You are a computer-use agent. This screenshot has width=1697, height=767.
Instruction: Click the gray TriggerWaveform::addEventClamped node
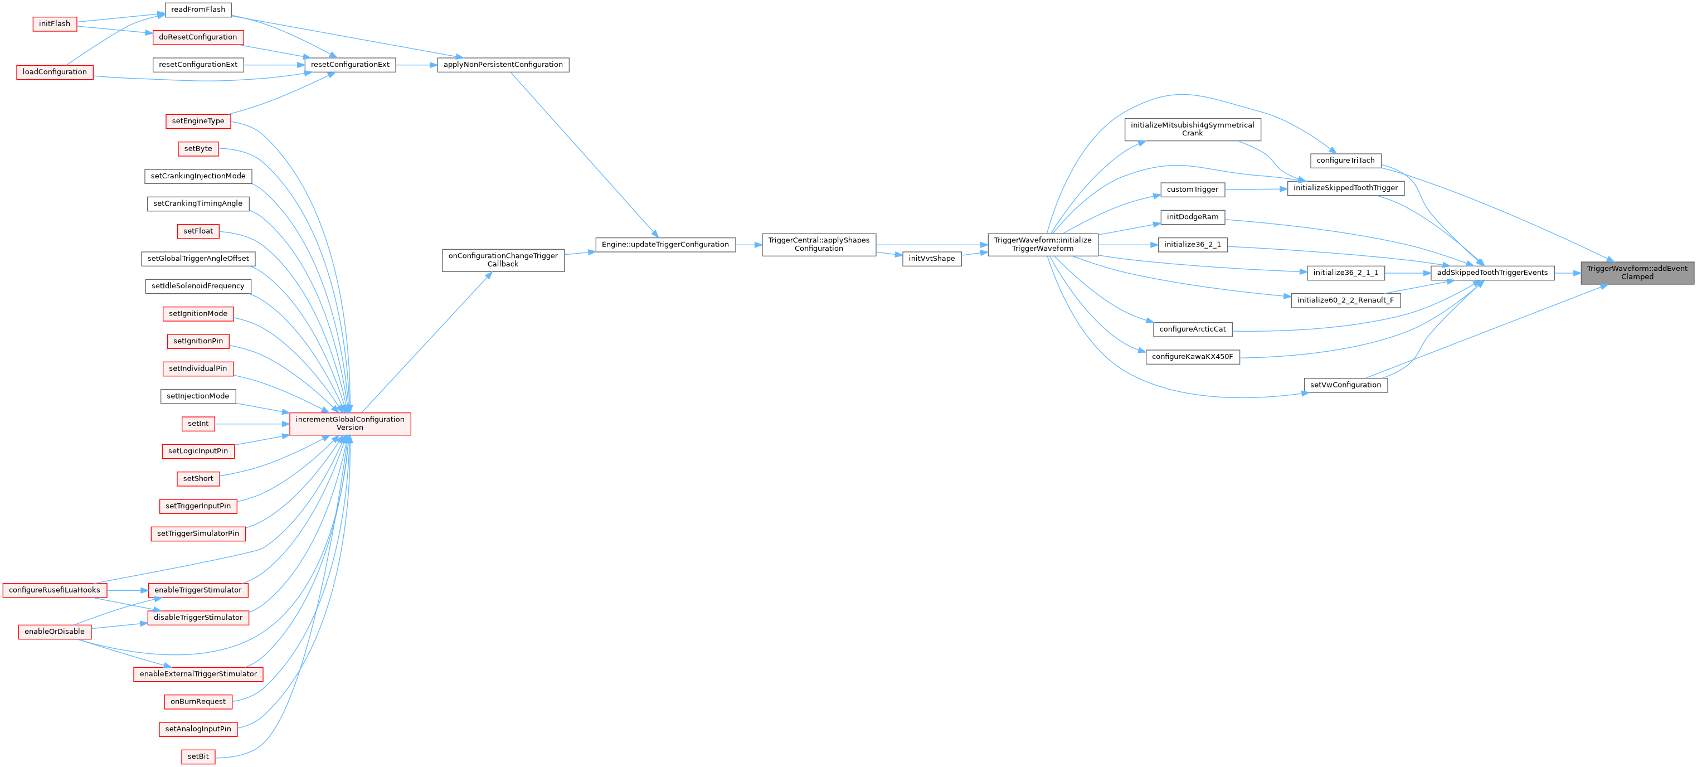pos(1636,272)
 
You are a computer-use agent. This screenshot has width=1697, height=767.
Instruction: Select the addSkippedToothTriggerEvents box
pos(1491,272)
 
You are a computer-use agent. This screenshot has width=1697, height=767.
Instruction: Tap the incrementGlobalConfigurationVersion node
pos(350,424)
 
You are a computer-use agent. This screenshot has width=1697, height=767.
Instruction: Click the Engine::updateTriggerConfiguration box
pos(665,245)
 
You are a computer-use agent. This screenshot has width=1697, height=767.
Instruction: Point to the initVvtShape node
pos(931,258)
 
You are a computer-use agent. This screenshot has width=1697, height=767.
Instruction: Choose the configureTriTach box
pos(1345,160)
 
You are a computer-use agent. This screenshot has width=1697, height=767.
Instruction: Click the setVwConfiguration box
pos(1345,385)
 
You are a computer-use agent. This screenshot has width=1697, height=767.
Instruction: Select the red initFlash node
pos(54,24)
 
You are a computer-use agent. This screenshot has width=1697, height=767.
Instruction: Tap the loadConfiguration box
pos(54,72)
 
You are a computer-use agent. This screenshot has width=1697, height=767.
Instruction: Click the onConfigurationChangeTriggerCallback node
pos(503,260)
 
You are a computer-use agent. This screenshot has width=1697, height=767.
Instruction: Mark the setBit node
pos(198,756)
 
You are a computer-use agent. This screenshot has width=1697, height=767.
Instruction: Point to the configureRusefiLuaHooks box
pos(54,590)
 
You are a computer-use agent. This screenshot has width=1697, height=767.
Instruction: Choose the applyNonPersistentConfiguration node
pos(503,65)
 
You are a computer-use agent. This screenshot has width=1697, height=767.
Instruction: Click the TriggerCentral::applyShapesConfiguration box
pos(818,245)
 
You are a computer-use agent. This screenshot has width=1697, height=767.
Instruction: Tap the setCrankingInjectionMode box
pos(198,176)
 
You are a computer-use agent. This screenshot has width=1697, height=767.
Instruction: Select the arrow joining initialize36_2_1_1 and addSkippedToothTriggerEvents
pos(1407,272)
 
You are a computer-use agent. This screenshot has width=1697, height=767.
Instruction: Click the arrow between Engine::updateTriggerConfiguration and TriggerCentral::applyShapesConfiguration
pos(748,245)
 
